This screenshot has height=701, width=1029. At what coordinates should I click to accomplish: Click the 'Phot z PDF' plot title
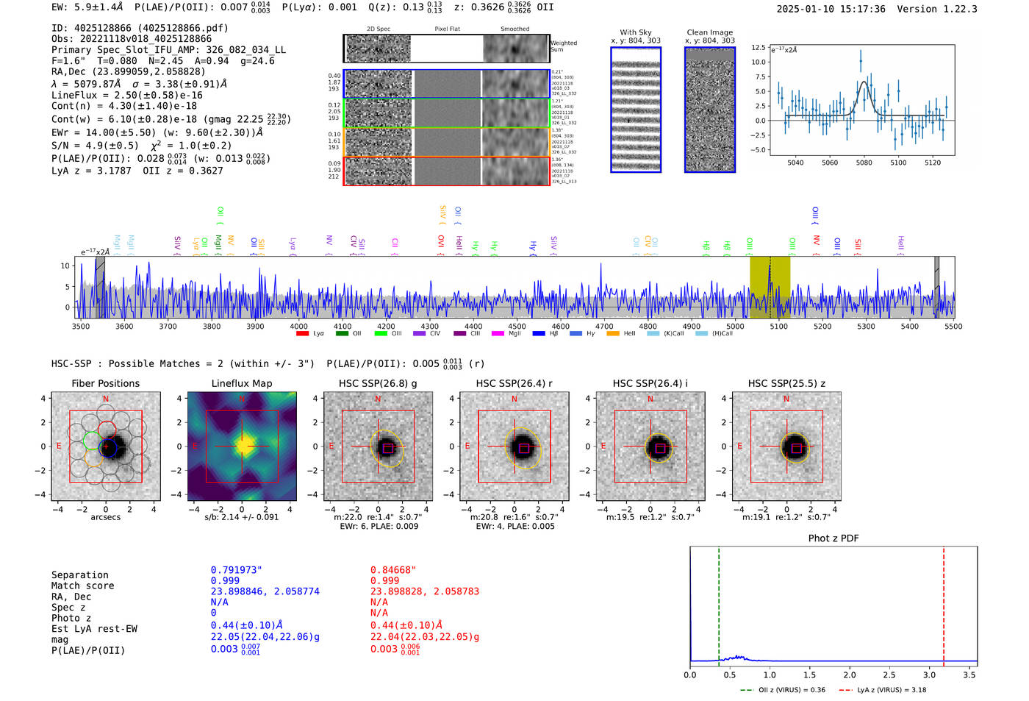pyautogui.click(x=833, y=538)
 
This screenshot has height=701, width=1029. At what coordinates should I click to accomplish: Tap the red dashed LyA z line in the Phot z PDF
pyautogui.click(x=944, y=603)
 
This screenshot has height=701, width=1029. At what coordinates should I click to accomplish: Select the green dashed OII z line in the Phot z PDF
pyautogui.click(x=719, y=603)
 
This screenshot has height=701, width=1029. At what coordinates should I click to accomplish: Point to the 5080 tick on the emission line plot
pyautogui.click(x=864, y=163)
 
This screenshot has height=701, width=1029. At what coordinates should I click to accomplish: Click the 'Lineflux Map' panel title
pyautogui.click(x=241, y=383)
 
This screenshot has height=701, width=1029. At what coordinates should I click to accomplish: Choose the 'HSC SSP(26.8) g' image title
pyautogui.click(x=378, y=383)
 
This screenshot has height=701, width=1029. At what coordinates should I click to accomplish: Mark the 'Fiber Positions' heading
pyautogui.click(x=105, y=383)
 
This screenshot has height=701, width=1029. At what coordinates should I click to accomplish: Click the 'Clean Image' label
pyautogui.click(x=709, y=32)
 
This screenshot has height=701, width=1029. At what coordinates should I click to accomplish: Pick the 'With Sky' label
pyautogui.click(x=635, y=32)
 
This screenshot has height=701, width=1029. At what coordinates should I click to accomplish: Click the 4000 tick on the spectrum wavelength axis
pyautogui.click(x=298, y=327)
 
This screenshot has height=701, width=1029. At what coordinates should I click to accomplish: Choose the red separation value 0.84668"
pyautogui.click(x=393, y=570)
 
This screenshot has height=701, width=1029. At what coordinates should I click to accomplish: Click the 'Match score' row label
pyautogui.click(x=82, y=586)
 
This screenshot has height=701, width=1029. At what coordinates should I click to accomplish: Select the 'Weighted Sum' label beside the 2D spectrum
pyautogui.click(x=563, y=46)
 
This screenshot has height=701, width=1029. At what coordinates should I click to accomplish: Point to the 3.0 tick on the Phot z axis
pyautogui.click(x=929, y=675)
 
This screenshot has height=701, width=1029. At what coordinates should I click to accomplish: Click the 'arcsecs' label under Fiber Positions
pyautogui.click(x=105, y=517)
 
